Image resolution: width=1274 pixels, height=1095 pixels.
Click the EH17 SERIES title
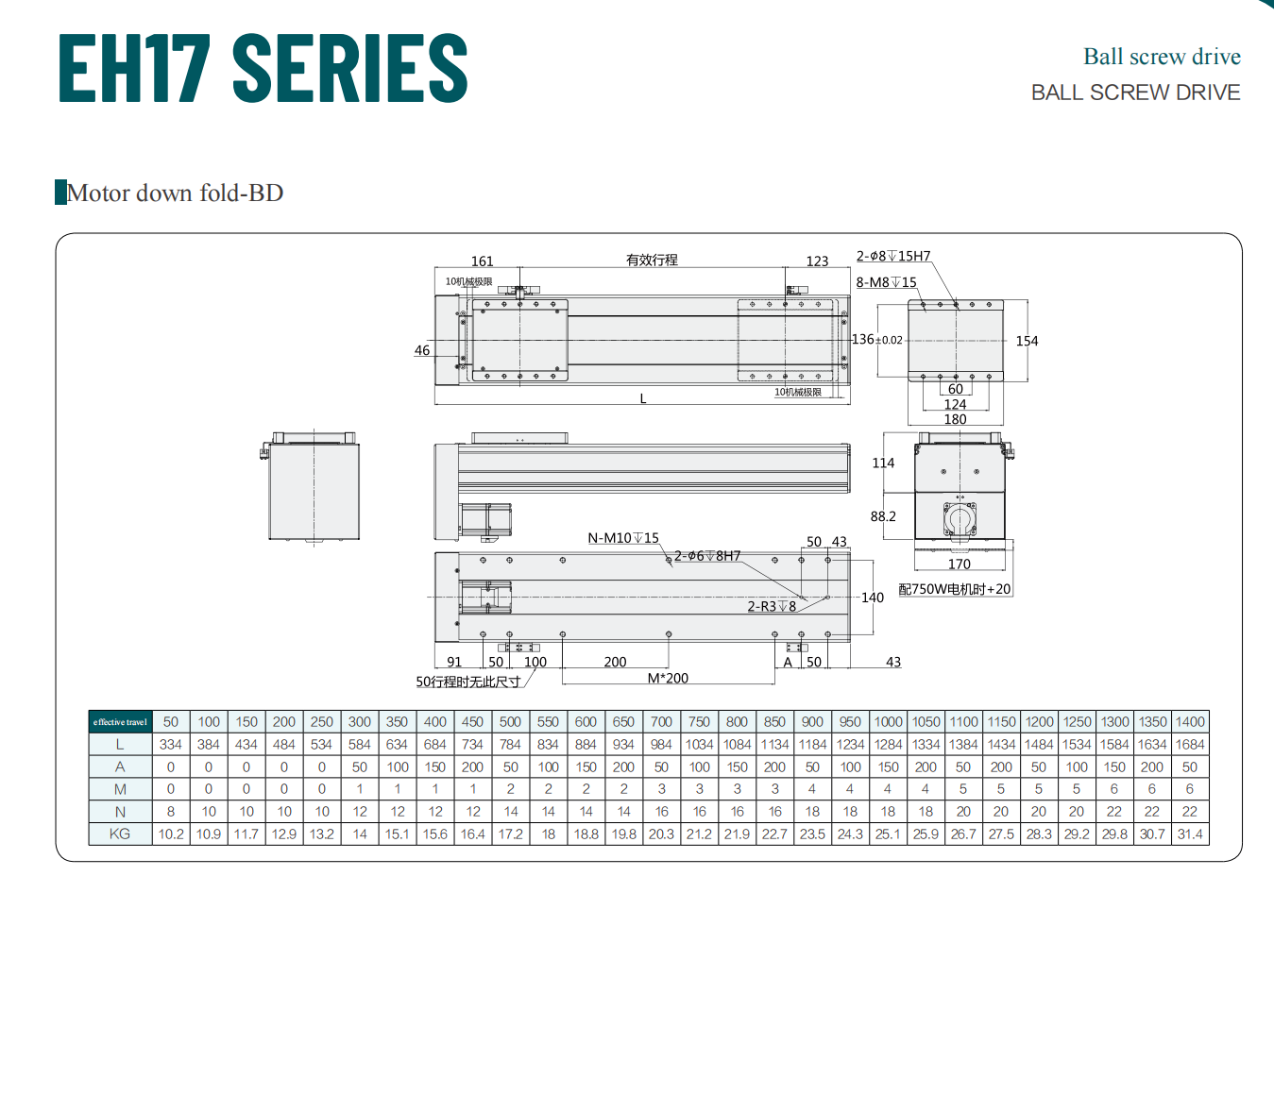tap(263, 67)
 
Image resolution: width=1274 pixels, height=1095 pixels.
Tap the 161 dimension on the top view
tap(482, 261)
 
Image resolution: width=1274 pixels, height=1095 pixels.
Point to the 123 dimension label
tap(817, 261)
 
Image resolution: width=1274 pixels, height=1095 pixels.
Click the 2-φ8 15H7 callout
tap(893, 256)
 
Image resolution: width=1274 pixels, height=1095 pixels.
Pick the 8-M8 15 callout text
tap(886, 282)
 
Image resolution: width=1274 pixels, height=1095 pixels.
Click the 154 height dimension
tap(1027, 341)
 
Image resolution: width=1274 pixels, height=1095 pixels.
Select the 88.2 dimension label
tap(883, 516)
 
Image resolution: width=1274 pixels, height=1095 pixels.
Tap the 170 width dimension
tap(960, 564)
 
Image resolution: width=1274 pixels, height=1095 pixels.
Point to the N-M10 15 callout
tap(623, 538)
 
